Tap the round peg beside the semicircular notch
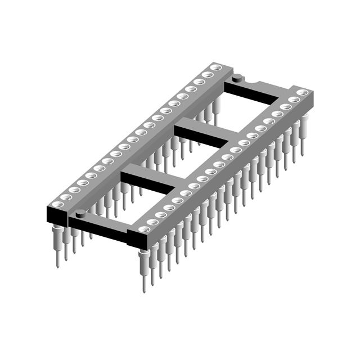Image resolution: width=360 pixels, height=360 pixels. (x=238, y=77)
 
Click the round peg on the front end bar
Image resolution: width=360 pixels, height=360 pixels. (x=81, y=213)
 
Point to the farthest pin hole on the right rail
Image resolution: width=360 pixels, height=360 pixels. (x=302, y=92)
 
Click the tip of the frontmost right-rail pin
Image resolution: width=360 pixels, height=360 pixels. (x=144, y=289)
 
